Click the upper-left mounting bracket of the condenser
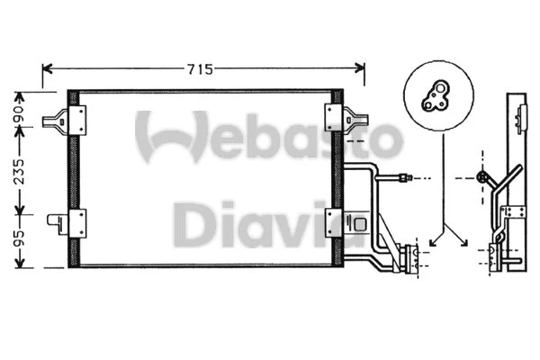click(x=72, y=116)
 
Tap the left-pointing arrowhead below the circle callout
click(x=433, y=240)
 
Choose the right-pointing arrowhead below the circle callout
click(x=464, y=240)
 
